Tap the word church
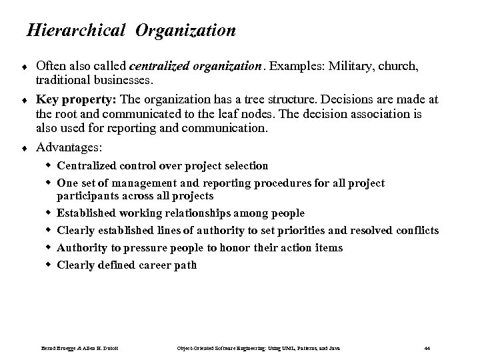tap(417, 66)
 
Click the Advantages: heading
tap(65, 146)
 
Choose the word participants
tap(88, 196)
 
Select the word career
tap(159, 265)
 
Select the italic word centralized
tap(161, 66)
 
